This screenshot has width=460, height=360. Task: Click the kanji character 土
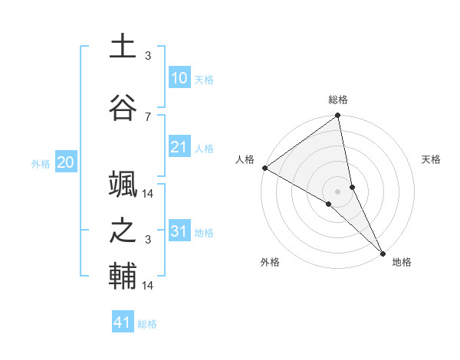click(123, 46)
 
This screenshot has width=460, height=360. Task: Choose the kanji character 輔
click(123, 276)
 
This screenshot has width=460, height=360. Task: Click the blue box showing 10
click(179, 78)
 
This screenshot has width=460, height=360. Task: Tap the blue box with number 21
click(179, 147)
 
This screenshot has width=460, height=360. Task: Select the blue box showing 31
click(179, 231)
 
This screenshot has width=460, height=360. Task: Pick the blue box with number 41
click(123, 322)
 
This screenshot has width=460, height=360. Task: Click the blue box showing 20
click(65, 162)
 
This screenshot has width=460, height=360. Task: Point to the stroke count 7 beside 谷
click(148, 116)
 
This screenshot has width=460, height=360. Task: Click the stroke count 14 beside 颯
click(149, 193)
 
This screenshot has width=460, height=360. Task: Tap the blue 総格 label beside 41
click(147, 324)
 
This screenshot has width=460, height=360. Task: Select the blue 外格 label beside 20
click(41, 163)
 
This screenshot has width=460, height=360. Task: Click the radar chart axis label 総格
click(338, 100)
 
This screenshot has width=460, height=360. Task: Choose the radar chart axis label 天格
click(432, 159)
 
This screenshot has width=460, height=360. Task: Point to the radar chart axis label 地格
click(402, 262)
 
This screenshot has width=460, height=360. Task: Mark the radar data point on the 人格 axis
click(264, 168)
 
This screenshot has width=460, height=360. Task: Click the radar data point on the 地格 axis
click(382, 252)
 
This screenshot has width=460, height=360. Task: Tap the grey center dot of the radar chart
click(338, 191)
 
